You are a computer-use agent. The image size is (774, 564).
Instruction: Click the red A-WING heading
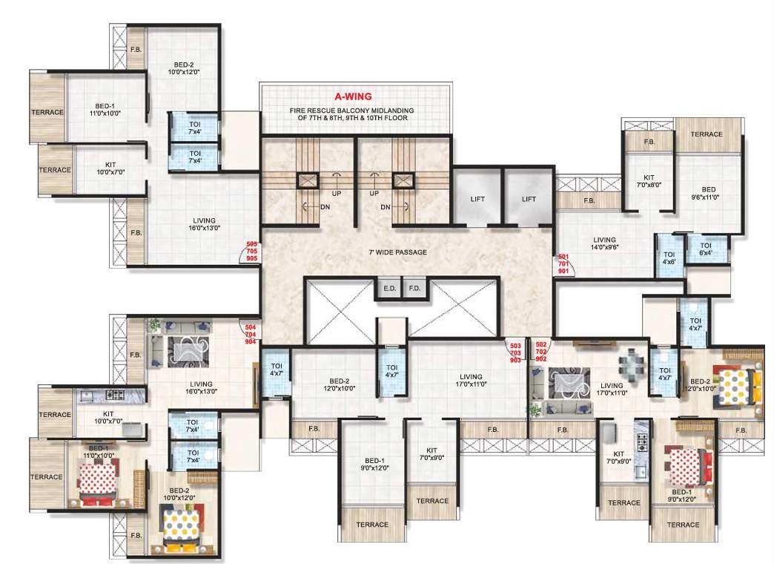point(353,96)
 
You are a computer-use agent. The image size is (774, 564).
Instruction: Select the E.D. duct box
point(389,288)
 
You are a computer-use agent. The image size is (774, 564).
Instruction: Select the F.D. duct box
point(414,288)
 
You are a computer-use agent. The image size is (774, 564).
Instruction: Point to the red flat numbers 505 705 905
point(251,251)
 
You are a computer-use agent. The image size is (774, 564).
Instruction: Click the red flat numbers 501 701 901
point(563,263)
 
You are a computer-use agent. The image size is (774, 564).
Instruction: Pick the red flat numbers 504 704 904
point(251,334)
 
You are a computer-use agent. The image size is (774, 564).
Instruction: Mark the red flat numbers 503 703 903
point(514,352)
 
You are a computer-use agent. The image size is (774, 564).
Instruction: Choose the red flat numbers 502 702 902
point(541,352)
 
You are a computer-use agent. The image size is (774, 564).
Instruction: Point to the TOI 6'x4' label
point(705,249)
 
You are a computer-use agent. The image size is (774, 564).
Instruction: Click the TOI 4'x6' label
point(669,258)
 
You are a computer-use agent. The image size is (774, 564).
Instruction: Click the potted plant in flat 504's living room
point(155,325)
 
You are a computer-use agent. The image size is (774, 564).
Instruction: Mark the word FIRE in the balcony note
point(299,110)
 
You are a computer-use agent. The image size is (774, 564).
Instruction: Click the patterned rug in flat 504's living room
point(185,349)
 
